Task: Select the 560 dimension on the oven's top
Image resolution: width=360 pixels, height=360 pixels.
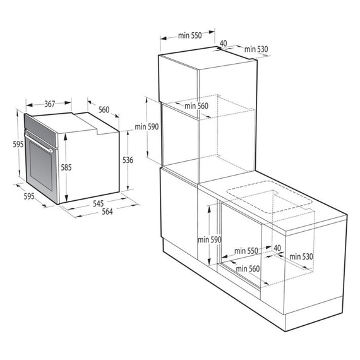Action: click(x=104, y=110)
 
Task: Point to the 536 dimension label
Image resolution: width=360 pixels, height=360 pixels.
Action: click(x=128, y=160)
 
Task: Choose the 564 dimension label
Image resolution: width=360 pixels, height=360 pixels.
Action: click(x=106, y=212)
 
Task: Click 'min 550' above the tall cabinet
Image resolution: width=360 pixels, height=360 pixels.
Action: click(x=189, y=36)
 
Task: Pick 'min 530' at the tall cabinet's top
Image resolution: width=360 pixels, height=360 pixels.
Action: click(x=256, y=49)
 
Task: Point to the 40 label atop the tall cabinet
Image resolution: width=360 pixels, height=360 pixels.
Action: click(x=224, y=44)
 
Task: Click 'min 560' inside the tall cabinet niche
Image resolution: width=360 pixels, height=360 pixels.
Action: click(x=196, y=105)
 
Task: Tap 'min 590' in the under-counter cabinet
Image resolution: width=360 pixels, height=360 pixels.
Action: click(x=210, y=239)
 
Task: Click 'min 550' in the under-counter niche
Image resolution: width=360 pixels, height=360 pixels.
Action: click(x=246, y=251)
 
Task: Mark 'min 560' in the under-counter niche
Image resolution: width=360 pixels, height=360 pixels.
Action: click(x=248, y=268)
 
